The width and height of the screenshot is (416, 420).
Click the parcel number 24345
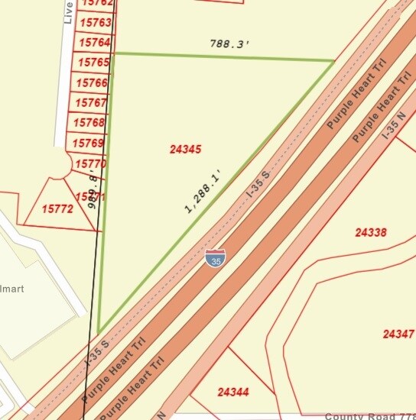pos(185,150)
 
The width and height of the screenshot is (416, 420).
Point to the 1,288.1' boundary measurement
pos(206,191)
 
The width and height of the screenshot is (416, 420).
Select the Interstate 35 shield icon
pos(215,258)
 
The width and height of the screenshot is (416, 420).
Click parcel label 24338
pos(371,232)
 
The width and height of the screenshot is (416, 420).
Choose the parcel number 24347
pos(398,334)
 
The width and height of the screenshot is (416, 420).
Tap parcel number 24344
pos(233,392)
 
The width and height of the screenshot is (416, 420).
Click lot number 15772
pos(57,208)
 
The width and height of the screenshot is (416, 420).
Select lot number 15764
pos(94,43)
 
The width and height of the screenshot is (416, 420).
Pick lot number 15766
pos(93,82)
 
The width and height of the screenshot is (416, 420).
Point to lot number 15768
pos(89,122)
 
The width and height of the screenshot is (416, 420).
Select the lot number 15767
pos(91,102)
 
